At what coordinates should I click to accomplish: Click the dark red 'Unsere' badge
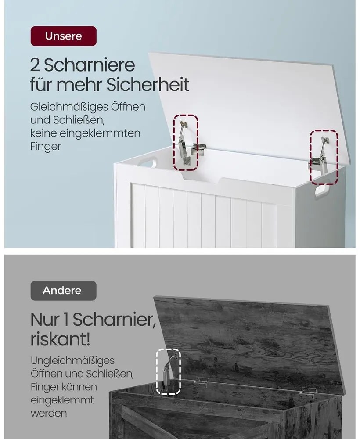click(x=64, y=36)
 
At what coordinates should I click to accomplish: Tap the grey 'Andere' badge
click(x=63, y=291)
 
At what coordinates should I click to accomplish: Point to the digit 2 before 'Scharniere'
click(x=35, y=65)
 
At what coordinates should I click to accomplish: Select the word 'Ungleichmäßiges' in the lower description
click(x=73, y=360)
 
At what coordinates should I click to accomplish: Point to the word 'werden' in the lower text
click(x=49, y=413)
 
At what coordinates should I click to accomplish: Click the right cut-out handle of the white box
click(x=322, y=191)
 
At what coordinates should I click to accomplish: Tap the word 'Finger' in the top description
click(x=46, y=147)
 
